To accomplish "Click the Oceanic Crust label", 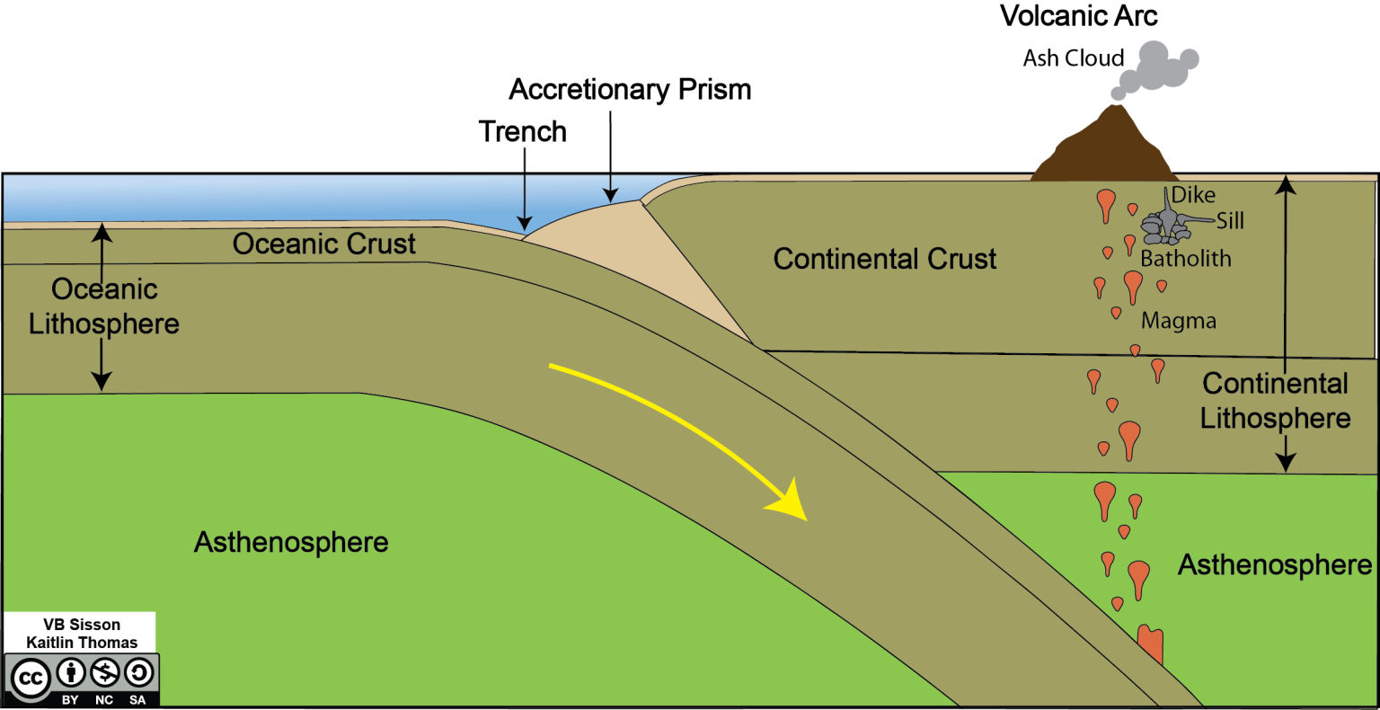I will click(324, 244).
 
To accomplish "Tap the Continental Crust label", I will click(885, 260).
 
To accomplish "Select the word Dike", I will click(1193, 195).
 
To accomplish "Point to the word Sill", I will click(1231, 221).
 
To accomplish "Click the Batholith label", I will click(1186, 259).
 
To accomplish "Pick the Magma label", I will click(1179, 321).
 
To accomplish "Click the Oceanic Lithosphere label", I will click(104, 306).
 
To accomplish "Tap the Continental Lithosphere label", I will click(1275, 401).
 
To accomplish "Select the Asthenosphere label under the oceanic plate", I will click(291, 542).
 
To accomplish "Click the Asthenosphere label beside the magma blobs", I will click(1275, 565).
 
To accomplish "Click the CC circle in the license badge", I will click(31, 678).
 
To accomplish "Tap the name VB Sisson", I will click(82, 625).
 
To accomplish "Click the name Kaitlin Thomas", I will click(82, 643).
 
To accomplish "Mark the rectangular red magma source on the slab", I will click(1150, 645).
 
